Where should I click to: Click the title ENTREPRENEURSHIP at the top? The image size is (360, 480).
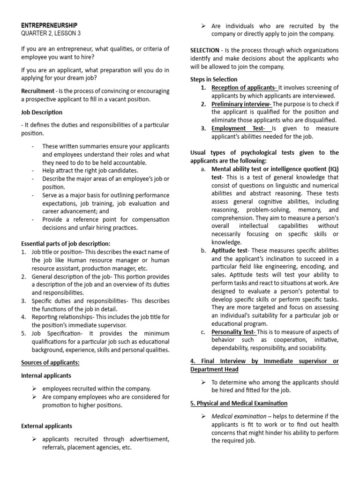pyautogui.click(x=49, y=25)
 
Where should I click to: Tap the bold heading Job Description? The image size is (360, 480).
pyautogui.click(x=42, y=112)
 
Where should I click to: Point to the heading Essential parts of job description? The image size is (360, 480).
pyautogui.click(x=66, y=243)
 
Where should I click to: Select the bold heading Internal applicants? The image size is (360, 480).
pyautogui.click(x=46, y=375)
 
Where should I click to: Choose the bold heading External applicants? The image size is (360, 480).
pyautogui.click(x=47, y=426)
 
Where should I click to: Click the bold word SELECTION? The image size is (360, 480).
pyautogui.click(x=204, y=50)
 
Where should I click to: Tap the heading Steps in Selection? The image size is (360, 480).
pyautogui.click(x=214, y=79)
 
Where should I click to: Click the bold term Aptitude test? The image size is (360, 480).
pyautogui.click(x=229, y=251)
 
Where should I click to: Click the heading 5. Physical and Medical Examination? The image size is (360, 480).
pyautogui.click(x=239, y=403)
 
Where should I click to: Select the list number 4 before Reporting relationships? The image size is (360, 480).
pyautogui.click(x=23, y=317)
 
